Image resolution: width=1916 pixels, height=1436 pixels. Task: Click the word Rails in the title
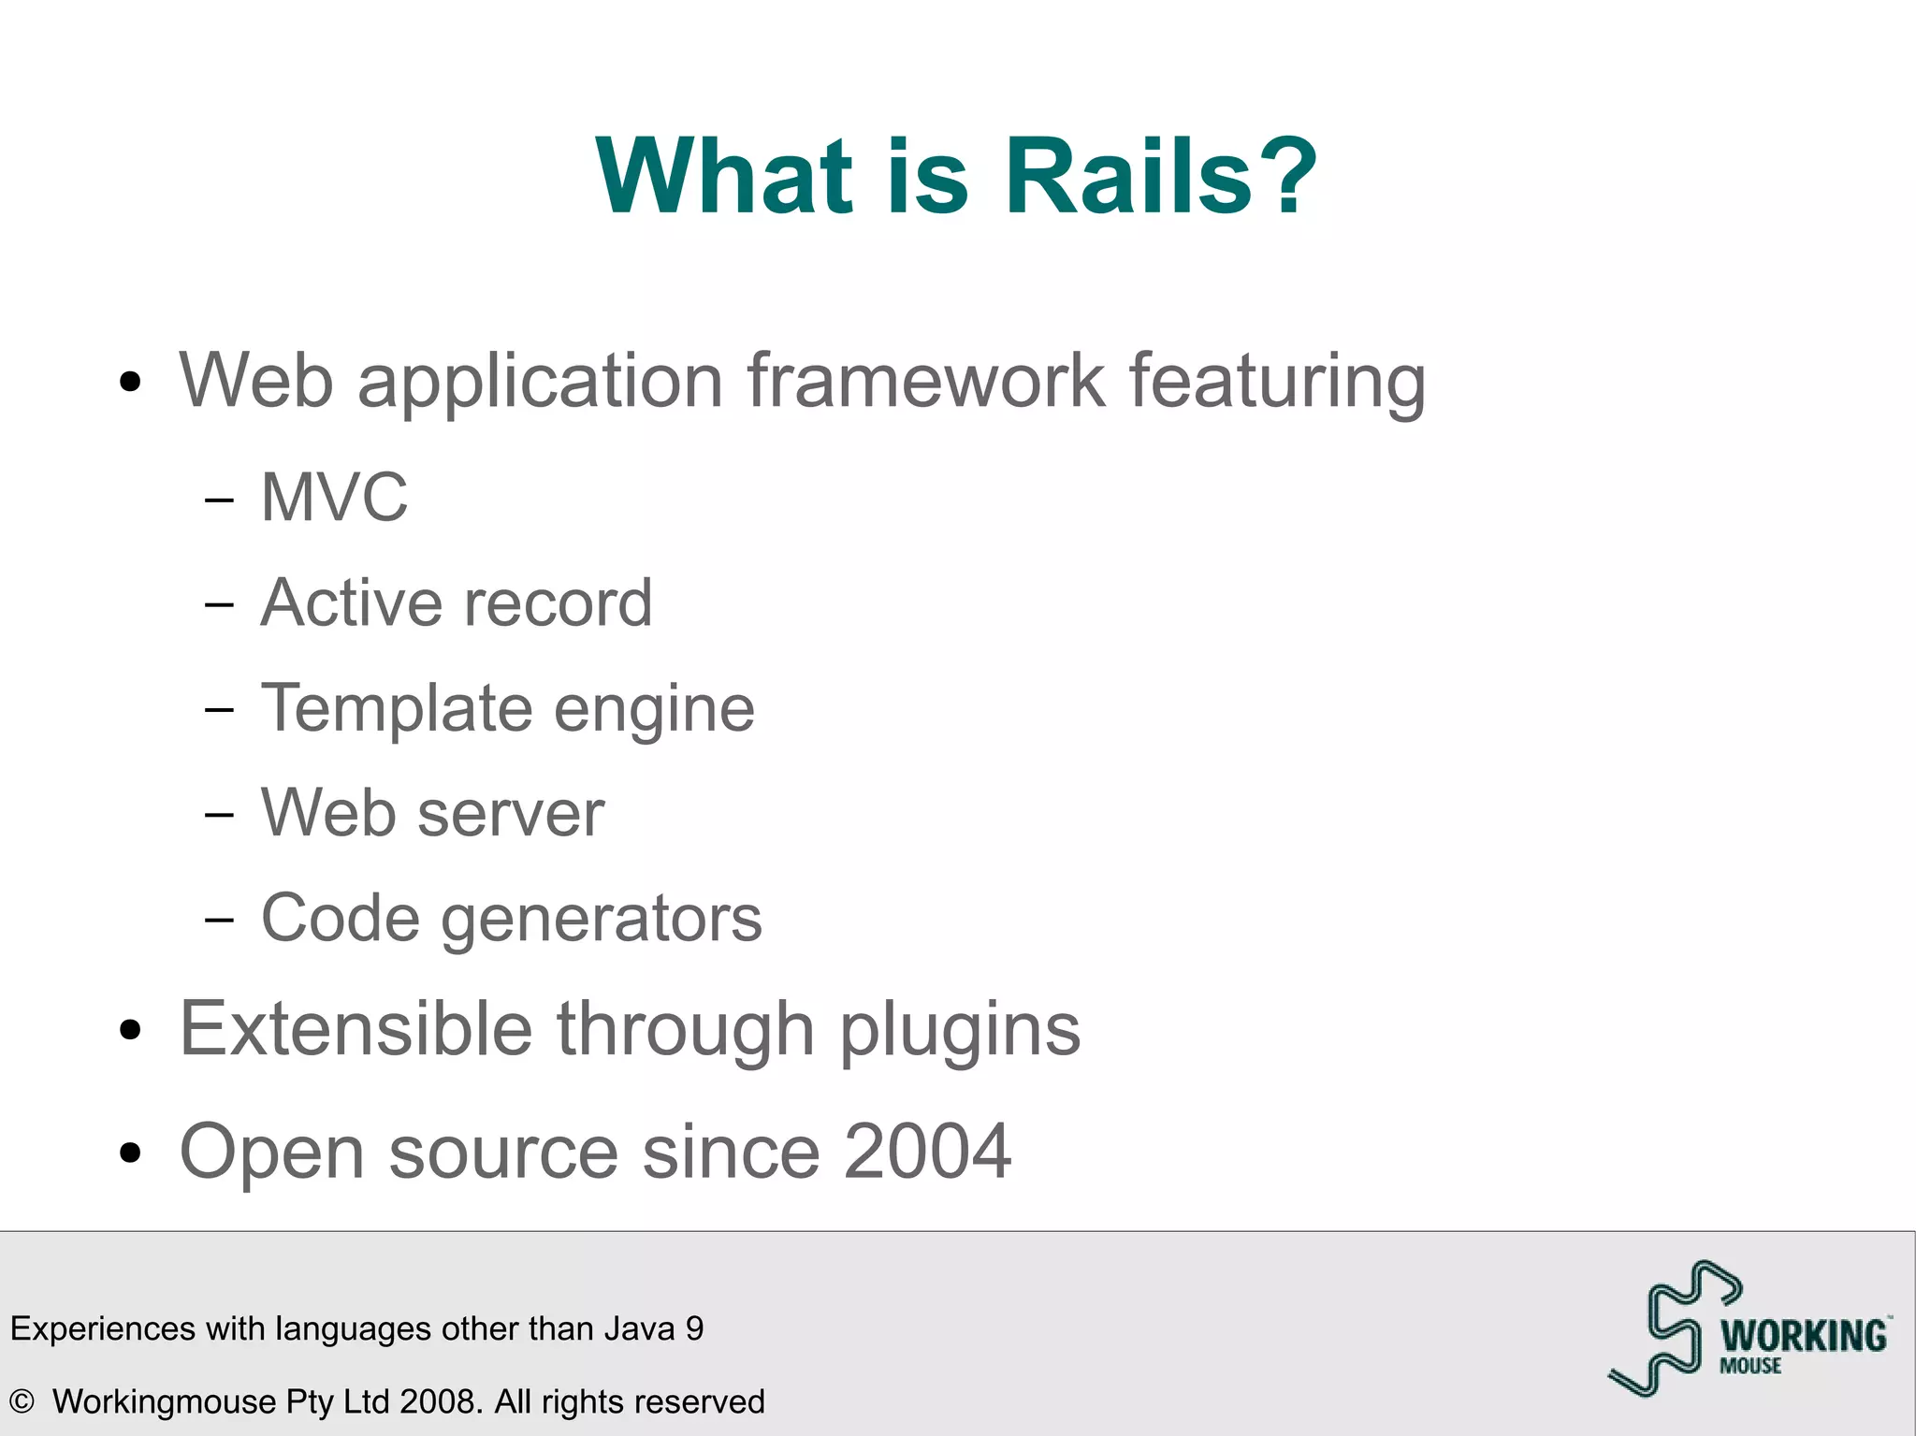tap(1127, 176)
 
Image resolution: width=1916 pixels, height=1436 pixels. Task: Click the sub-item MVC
tap(334, 497)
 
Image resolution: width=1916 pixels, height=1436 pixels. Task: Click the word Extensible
tap(356, 1028)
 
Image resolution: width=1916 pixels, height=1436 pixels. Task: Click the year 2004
tap(927, 1152)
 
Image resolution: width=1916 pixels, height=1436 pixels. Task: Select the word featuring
tap(1277, 382)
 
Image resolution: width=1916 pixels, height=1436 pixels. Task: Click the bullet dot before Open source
tap(131, 1153)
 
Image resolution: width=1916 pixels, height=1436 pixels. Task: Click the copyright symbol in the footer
tap(21, 1401)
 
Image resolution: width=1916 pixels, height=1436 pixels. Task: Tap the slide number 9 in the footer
tap(694, 1328)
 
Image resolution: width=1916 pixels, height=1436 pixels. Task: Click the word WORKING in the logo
tap(1803, 1336)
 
